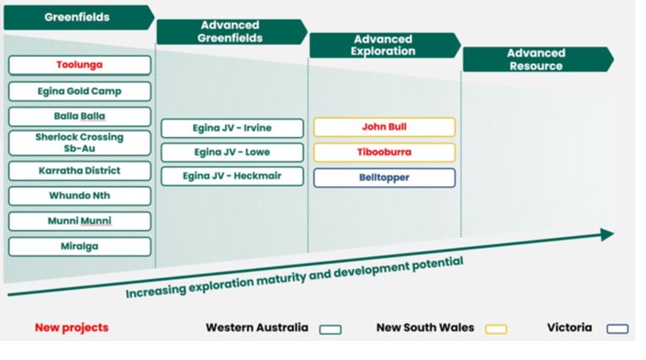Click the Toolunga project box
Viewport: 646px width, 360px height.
pyautogui.click(x=79, y=65)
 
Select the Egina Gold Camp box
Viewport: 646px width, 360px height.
pyautogui.click(x=79, y=91)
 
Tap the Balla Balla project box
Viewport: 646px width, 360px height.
pyautogui.click(x=79, y=117)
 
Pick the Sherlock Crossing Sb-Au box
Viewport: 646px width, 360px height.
pyautogui.click(x=79, y=143)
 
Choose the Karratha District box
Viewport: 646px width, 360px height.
pyautogui.click(x=79, y=171)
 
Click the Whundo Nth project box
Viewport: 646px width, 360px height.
pyautogui.click(x=79, y=196)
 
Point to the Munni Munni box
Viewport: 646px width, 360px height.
pyautogui.click(x=79, y=221)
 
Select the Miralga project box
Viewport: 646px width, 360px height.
pyautogui.click(x=79, y=247)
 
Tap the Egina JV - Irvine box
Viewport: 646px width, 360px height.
pyautogui.click(x=232, y=128)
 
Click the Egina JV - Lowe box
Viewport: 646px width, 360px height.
pyautogui.click(x=232, y=152)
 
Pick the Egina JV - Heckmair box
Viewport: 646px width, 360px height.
pyautogui.click(x=232, y=176)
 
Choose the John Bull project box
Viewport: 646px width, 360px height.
pyautogui.click(x=384, y=127)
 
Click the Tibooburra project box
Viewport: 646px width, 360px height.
pyautogui.click(x=384, y=152)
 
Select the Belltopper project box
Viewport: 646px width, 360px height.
pyautogui.click(x=384, y=177)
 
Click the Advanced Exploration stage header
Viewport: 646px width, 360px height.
pyautogui.click(x=385, y=46)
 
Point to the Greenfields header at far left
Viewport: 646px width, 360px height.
pyautogui.click(x=79, y=17)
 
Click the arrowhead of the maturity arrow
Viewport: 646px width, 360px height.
pyautogui.click(x=607, y=234)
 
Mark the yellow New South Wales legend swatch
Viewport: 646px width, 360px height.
pyautogui.click(x=496, y=329)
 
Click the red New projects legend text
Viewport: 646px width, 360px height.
pyautogui.click(x=72, y=327)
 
